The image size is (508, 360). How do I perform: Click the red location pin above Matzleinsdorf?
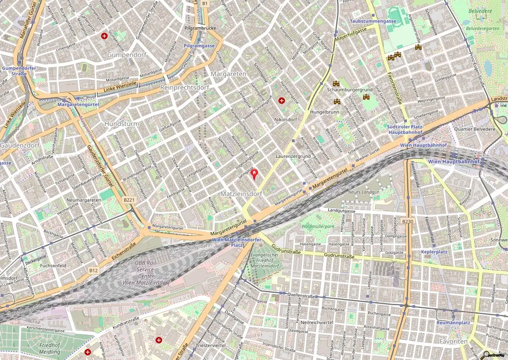[x=254, y=174]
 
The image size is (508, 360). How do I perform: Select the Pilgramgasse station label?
[x=199, y=46]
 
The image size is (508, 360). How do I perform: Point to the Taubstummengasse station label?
[x=373, y=21]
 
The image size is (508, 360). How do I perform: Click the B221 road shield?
[x=129, y=200]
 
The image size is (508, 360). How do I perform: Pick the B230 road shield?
[x=408, y=221]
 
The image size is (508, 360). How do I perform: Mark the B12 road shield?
[x=94, y=270]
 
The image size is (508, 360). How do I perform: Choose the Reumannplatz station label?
[x=453, y=323]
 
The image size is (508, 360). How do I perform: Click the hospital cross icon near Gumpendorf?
[x=104, y=36]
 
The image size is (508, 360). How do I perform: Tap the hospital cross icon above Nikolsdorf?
[x=282, y=101]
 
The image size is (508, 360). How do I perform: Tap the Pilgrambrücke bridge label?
[x=199, y=29]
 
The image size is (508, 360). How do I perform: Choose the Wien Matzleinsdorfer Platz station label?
[x=236, y=242]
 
